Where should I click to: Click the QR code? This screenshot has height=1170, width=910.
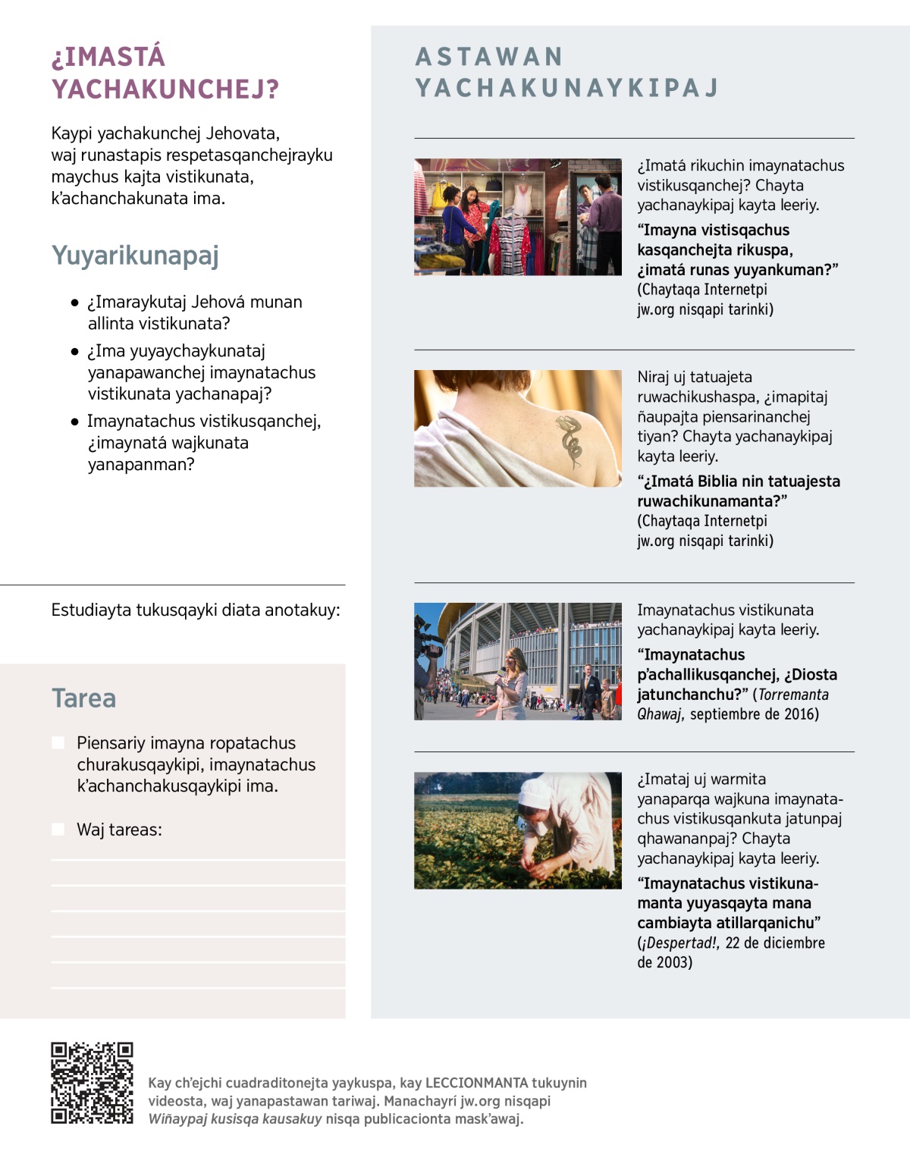pyautogui.click(x=92, y=1083)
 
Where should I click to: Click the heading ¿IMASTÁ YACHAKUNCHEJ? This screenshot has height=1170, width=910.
pyautogui.click(x=165, y=73)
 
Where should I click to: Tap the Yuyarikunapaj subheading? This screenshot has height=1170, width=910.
pyautogui.click(x=135, y=256)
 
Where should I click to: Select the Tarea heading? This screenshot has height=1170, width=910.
pyautogui.click(x=83, y=698)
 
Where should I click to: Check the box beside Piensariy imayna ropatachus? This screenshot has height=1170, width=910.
pyautogui.click(x=58, y=743)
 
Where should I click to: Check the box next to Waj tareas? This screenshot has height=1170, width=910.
pyautogui.click(x=58, y=830)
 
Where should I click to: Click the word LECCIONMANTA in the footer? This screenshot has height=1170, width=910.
pyautogui.click(x=476, y=1083)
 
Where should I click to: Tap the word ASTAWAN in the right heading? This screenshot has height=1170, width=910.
pyautogui.click(x=489, y=57)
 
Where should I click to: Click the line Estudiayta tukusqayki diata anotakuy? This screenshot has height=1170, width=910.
pyautogui.click(x=196, y=610)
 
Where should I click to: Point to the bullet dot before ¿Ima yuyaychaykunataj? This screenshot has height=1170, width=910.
pyautogui.click(x=74, y=352)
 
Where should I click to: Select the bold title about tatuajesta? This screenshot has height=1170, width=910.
pyautogui.click(x=738, y=491)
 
